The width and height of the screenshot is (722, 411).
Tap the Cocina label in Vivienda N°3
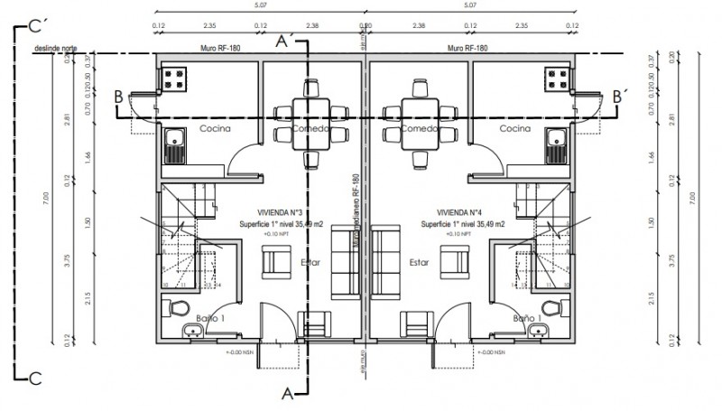216,129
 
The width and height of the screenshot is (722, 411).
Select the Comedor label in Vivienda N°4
418,129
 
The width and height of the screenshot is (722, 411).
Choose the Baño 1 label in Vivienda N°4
526,318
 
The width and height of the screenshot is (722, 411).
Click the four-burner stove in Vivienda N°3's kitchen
172,79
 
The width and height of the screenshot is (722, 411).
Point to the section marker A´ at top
284,41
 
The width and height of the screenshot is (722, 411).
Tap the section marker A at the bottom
287,393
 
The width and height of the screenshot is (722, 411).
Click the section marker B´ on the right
619,95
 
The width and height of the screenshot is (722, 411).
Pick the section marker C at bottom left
35,377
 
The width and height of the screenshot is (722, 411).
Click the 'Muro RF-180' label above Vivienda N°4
467,48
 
